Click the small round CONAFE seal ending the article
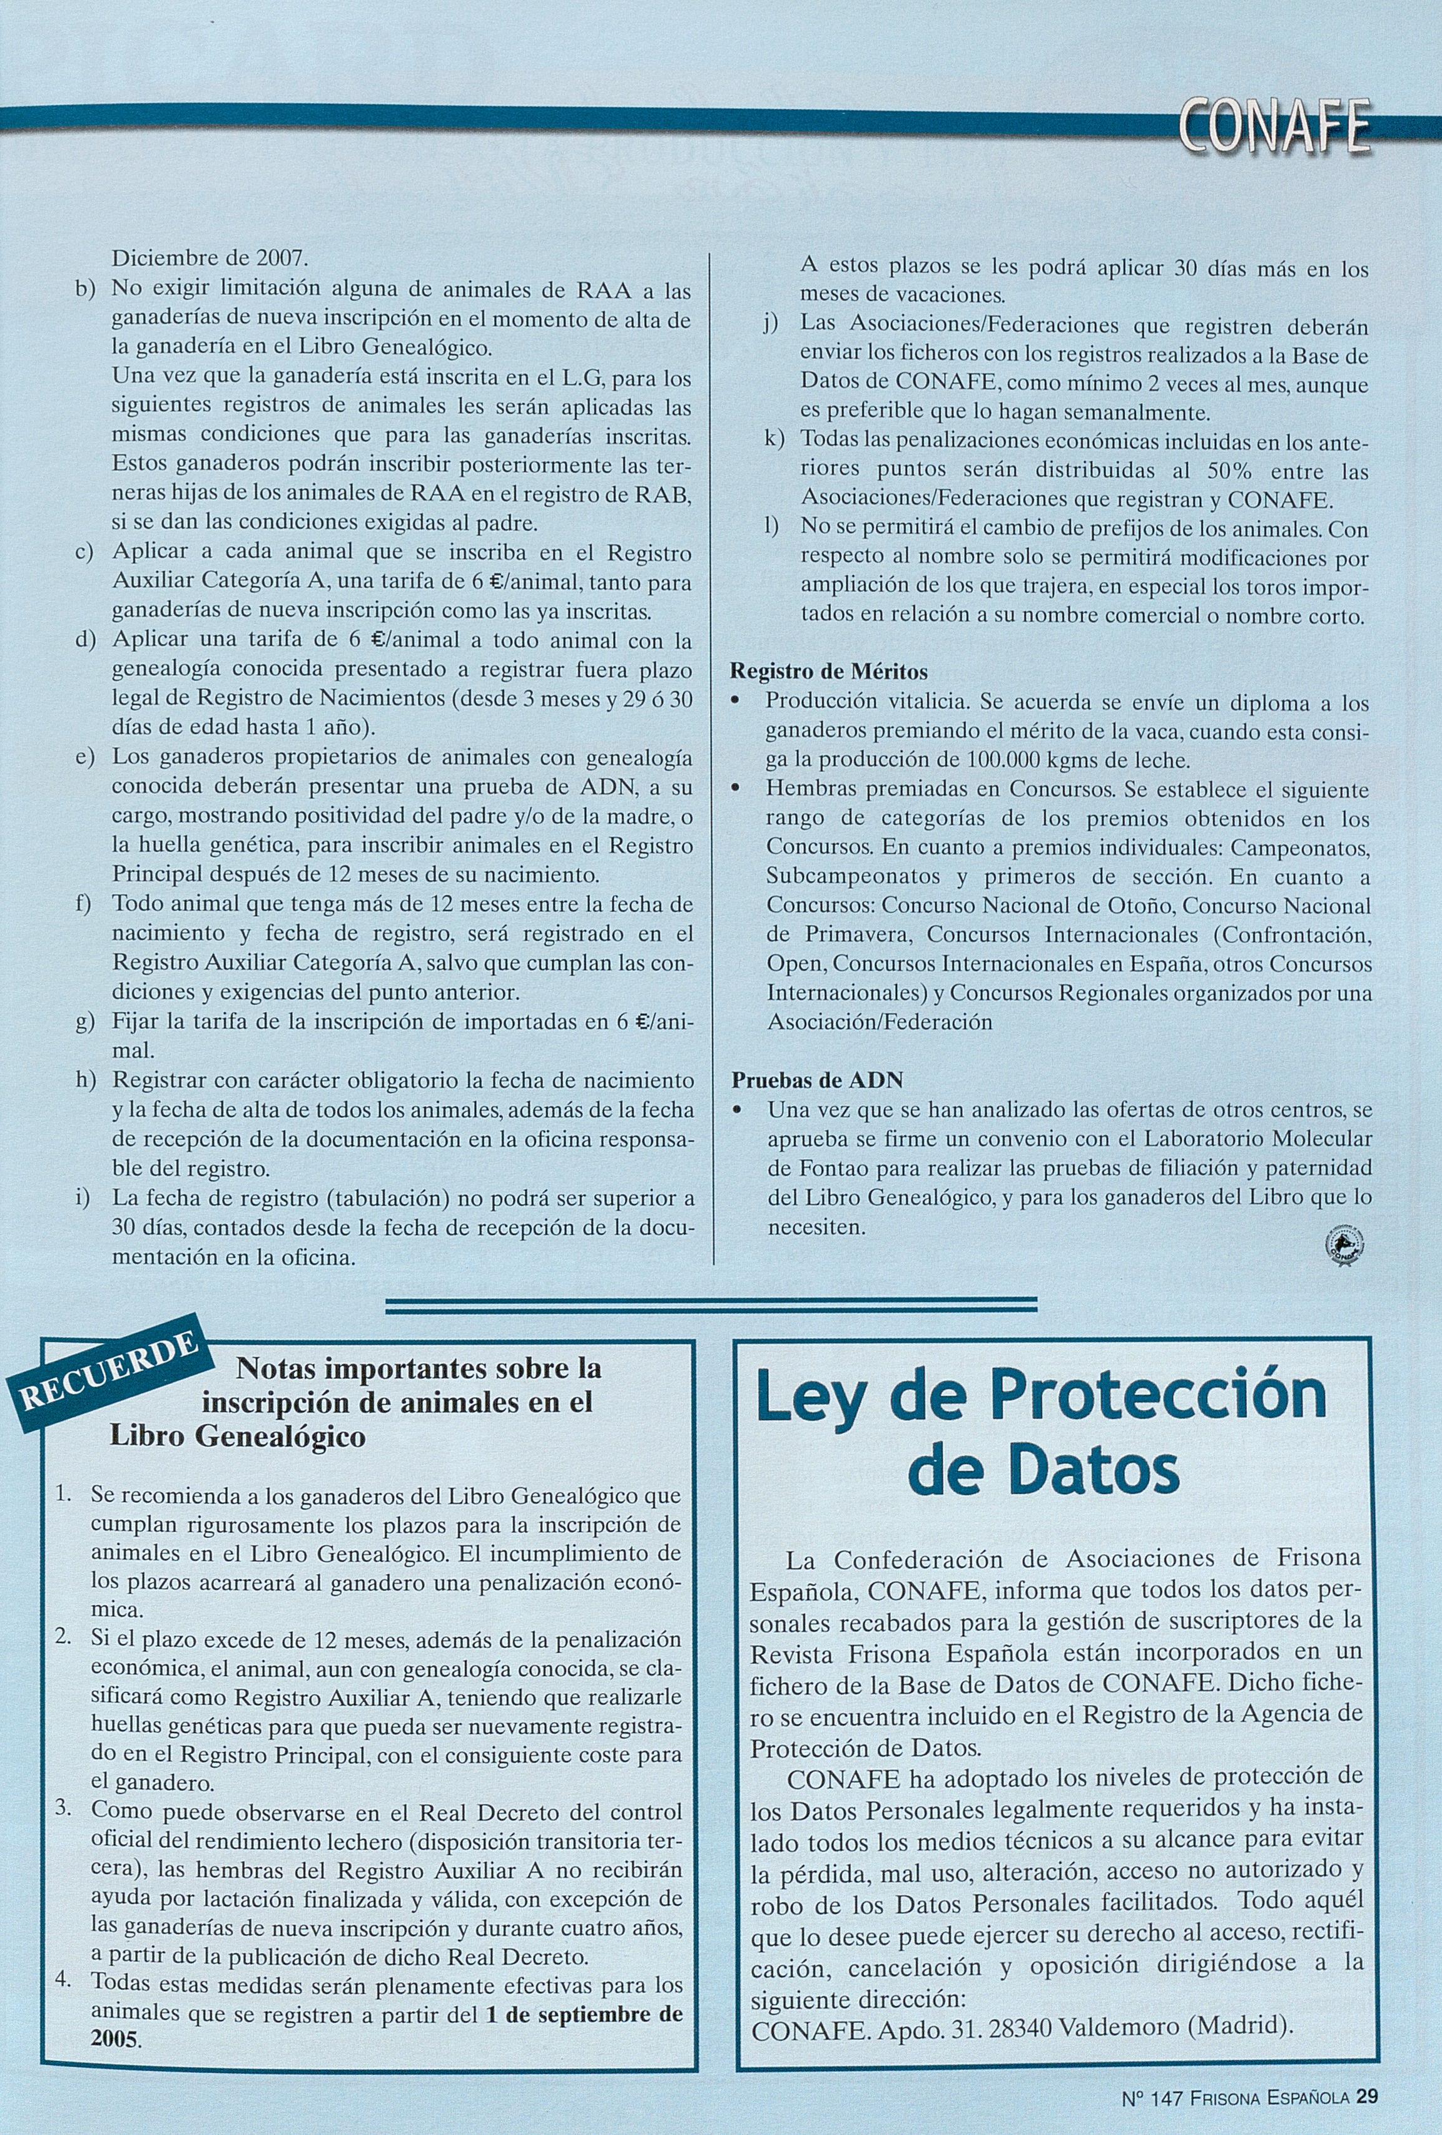tap(1344, 1247)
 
